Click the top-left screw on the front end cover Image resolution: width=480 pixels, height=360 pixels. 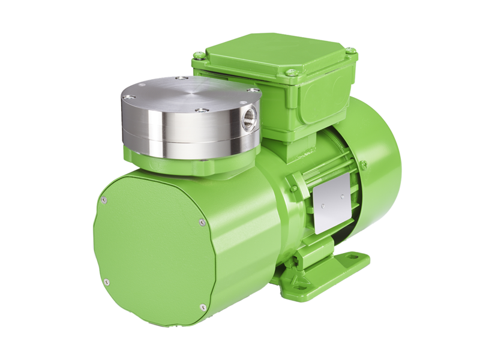click(104, 200)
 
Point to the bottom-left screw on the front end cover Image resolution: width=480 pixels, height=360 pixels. click(106, 281)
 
